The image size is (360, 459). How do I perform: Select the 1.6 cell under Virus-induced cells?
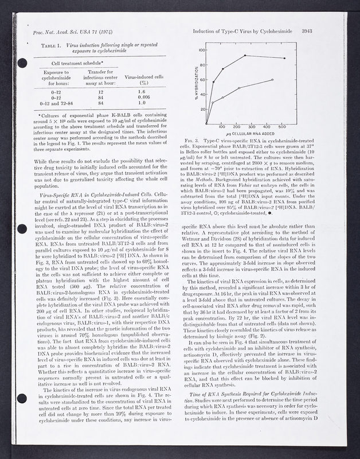(143, 91)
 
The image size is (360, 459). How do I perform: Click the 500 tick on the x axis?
(282, 127)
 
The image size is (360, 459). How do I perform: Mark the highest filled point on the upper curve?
(245, 56)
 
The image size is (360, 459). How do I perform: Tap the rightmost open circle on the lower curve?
(272, 80)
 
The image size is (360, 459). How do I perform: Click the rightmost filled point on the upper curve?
(284, 58)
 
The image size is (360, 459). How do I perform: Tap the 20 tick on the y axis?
(201, 109)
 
